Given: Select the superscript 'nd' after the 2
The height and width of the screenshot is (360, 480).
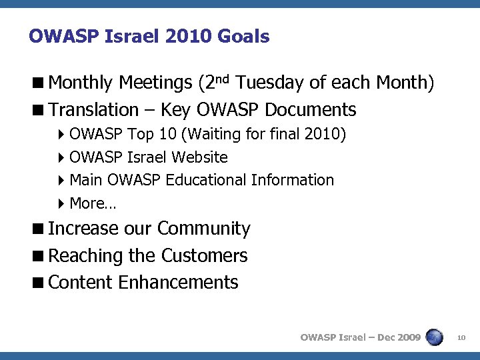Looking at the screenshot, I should pos(223,79).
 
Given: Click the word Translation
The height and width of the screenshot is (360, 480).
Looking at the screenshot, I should pos(93,109).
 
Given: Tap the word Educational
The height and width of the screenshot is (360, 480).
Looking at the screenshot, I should pos(208,180).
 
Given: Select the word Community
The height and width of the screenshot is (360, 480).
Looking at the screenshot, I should pos(203,229).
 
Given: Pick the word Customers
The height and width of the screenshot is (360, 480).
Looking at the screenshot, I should pos(205,255).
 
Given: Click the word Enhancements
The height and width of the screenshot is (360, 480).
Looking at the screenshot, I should pos(178,282).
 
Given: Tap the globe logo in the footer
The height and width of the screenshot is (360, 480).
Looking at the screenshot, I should pos(434,337).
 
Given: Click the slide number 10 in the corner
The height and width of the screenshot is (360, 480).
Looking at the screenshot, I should pos(461,338).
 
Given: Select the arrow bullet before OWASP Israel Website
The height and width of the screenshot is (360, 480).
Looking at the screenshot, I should pos(61,158).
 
